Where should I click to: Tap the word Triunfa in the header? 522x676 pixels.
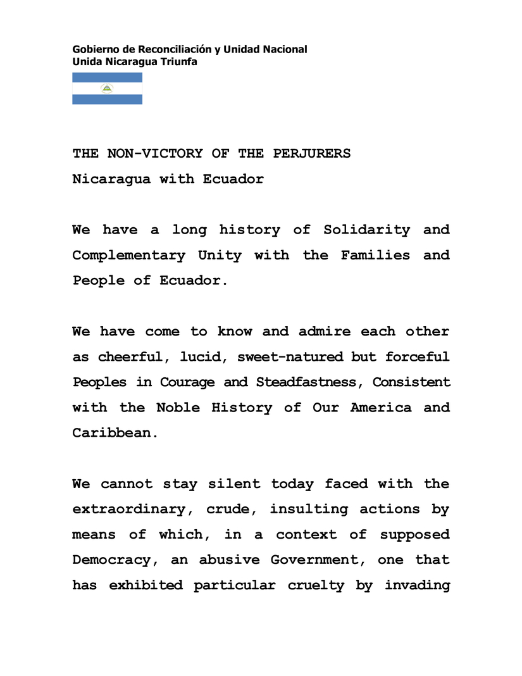(180, 62)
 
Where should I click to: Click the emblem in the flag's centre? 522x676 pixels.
(107, 89)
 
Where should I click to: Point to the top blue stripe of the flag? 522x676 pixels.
(107, 78)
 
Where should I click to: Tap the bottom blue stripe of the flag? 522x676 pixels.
(107, 99)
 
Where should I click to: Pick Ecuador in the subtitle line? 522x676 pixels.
(233, 179)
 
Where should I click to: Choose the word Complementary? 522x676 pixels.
(128, 256)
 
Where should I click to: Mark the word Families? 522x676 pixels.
(376, 256)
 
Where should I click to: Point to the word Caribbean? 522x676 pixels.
(114, 434)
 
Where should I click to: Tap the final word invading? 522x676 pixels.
(417, 585)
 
